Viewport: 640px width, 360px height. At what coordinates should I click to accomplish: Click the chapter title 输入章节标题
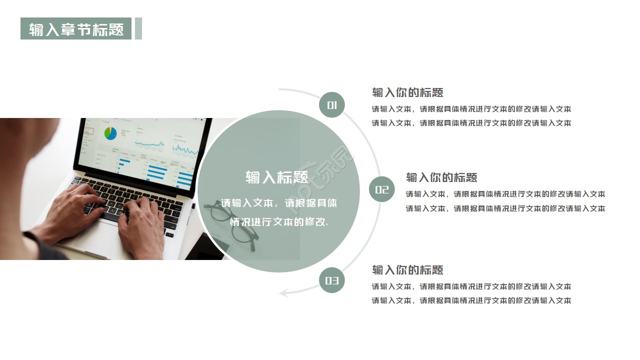pyautogui.click(x=76, y=29)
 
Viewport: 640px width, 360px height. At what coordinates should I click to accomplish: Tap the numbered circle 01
pyautogui.click(x=332, y=105)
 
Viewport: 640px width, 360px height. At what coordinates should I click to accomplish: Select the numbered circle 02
pyautogui.click(x=382, y=189)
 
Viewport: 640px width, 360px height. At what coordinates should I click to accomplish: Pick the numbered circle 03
pyautogui.click(x=332, y=280)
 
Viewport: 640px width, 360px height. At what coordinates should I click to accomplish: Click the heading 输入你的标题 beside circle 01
pyautogui.click(x=407, y=92)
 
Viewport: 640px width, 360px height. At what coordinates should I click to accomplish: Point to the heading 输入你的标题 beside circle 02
pyautogui.click(x=441, y=177)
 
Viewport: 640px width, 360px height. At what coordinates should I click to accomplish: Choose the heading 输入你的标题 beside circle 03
pyautogui.click(x=407, y=270)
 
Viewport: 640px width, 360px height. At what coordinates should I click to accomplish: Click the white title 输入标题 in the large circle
pyautogui.click(x=277, y=177)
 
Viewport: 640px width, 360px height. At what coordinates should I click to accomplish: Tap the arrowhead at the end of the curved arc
pyautogui.click(x=284, y=292)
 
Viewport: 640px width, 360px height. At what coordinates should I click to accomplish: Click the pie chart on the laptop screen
pyautogui.click(x=110, y=133)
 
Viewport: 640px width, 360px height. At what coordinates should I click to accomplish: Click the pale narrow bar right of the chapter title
pyautogui.click(x=138, y=28)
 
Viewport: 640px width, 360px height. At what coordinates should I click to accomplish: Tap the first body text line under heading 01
pyautogui.click(x=471, y=109)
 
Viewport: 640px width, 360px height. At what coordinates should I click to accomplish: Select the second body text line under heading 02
pyautogui.click(x=505, y=208)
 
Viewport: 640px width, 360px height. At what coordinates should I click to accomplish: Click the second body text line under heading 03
pyautogui.click(x=471, y=300)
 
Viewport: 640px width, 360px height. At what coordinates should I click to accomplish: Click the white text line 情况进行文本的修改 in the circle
pyautogui.click(x=279, y=221)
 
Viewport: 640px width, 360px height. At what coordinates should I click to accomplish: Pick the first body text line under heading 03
pyautogui.click(x=471, y=286)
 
